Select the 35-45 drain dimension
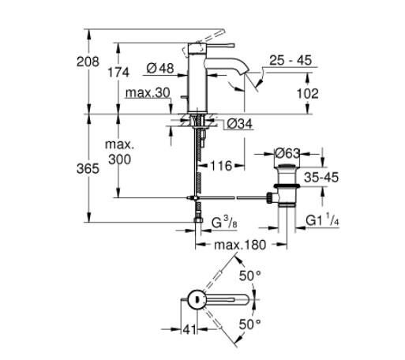[324, 179]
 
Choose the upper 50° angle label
[249, 276]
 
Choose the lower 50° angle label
[249, 324]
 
